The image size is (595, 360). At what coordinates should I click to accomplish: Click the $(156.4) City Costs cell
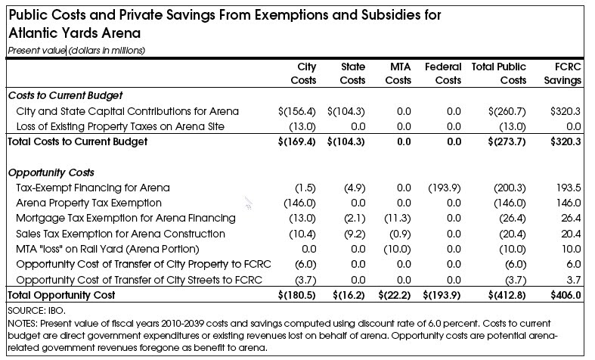coord(298,111)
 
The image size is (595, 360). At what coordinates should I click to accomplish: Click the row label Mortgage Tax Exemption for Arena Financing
coord(126,219)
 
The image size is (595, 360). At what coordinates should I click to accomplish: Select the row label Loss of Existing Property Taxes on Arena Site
coord(121,126)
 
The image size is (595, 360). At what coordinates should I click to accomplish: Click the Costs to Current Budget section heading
coord(64,96)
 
